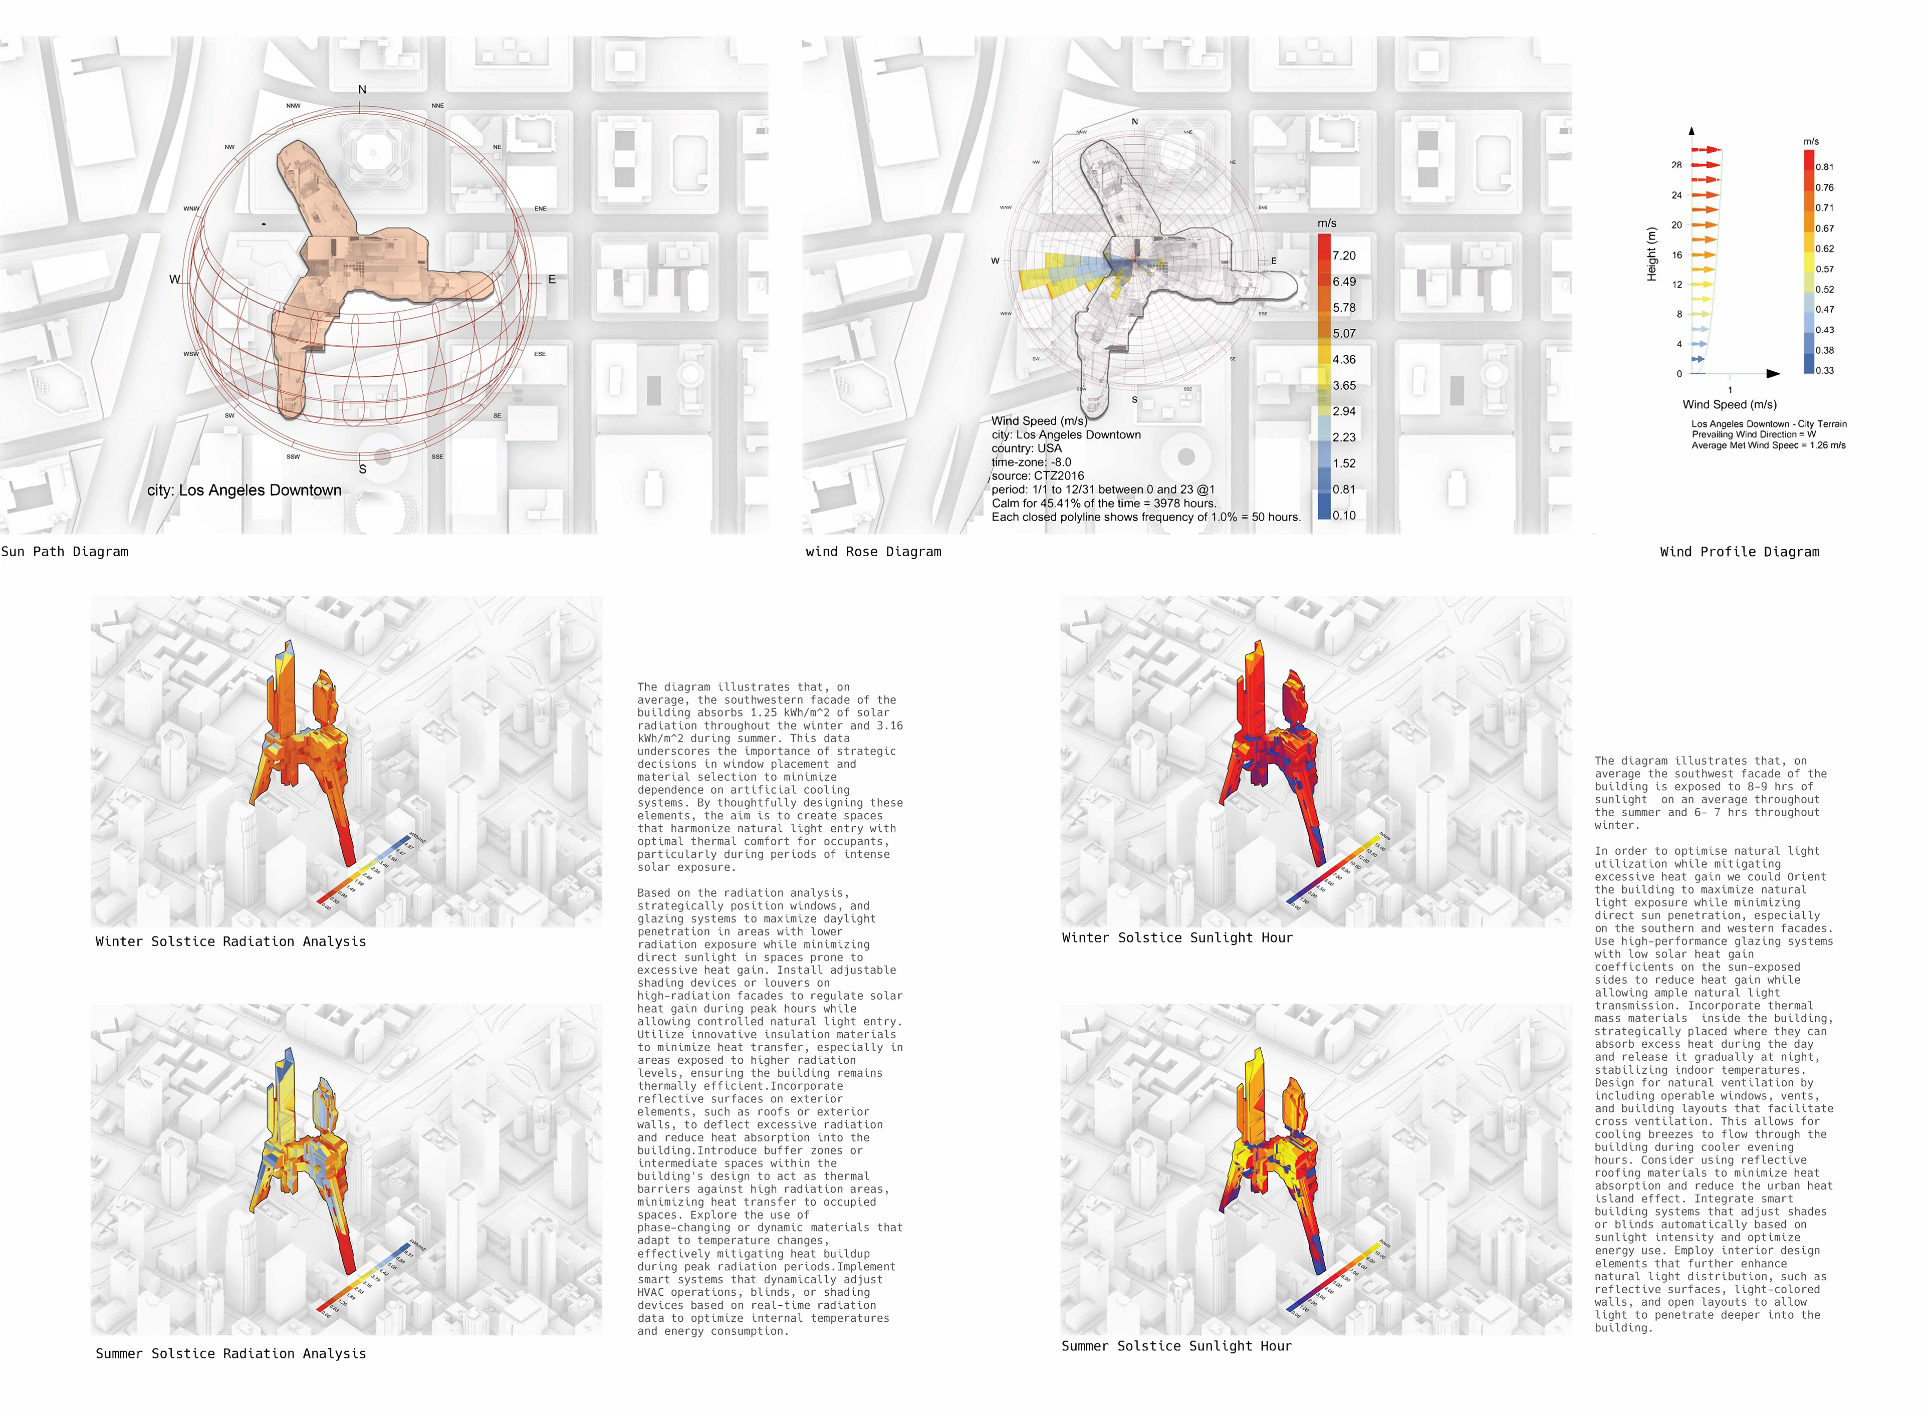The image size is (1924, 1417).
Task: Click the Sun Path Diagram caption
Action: pyautogui.click(x=64, y=552)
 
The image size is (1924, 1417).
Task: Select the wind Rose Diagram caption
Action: pyautogui.click(x=873, y=552)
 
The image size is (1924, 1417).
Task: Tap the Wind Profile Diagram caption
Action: pyautogui.click(x=1739, y=552)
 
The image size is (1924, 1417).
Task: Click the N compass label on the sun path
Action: pyautogui.click(x=362, y=89)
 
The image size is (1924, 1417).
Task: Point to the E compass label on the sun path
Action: pyautogui.click(x=552, y=279)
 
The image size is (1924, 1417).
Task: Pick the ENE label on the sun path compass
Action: pyautogui.click(x=541, y=208)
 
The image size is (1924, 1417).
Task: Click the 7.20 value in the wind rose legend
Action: pyautogui.click(x=1344, y=256)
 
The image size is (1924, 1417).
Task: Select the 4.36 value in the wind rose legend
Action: pyautogui.click(x=1344, y=359)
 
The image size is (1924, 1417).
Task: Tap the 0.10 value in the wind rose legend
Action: pyautogui.click(x=1344, y=515)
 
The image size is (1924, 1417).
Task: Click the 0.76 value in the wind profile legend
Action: pyautogui.click(x=1824, y=187)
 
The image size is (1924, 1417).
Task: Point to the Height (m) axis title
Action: pyautogui.click(x=1651, y=254)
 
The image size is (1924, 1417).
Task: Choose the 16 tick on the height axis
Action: pyautogui.click(x=1677, y=255)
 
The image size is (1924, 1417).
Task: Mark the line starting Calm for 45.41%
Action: pyautogui.click(x=1103, y=503)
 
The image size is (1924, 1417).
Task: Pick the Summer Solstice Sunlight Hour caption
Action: pyautogui.click(x=1176, y=1346)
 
